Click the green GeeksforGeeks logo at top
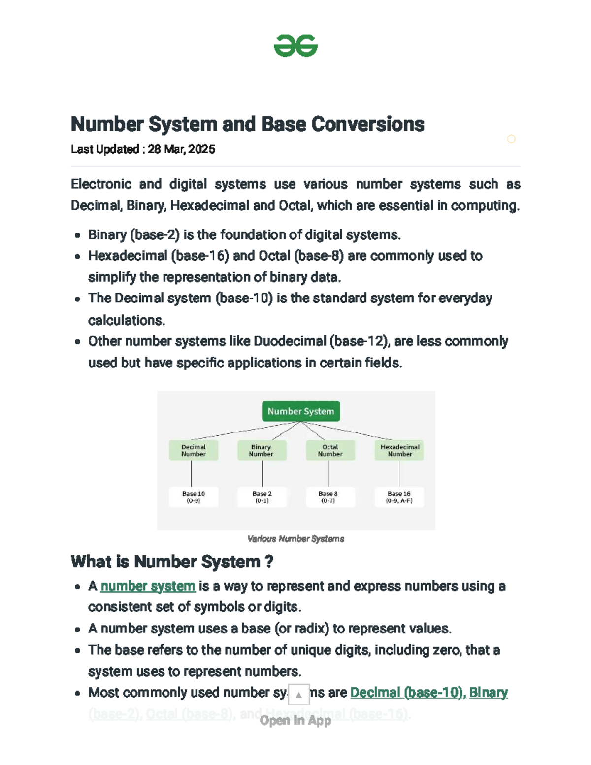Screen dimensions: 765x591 click(x=295, y=46)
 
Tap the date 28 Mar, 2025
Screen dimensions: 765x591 click(x=181, y=149)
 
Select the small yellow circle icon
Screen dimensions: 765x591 click(x=511, y=139)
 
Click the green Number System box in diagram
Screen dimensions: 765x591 click(x=300, y=411)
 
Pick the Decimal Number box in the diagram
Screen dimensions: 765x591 click(x=194, y=450)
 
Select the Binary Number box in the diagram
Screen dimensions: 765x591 click(x=262, y=450)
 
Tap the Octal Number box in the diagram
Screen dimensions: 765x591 click(x=330, y=450)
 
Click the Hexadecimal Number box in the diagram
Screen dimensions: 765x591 click(x=399, y=450)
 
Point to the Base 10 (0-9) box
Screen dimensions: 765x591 click(x=194, y=497)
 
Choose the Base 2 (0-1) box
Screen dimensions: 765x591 click(x=262, y=497)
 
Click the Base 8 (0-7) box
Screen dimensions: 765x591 click(x=328, y=497)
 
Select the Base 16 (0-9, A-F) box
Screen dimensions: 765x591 click(x=399, y=497)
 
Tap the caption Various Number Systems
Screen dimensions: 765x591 click(x=295, y=539)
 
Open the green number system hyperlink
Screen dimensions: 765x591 click(x=148, y=586)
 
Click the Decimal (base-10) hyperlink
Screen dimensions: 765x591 click(x=407, y=693)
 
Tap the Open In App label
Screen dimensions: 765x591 click(x=295, y=721)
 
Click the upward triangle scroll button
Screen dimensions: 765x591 click(x=298, y=695)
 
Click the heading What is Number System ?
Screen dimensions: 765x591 click(x=172, y=562)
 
